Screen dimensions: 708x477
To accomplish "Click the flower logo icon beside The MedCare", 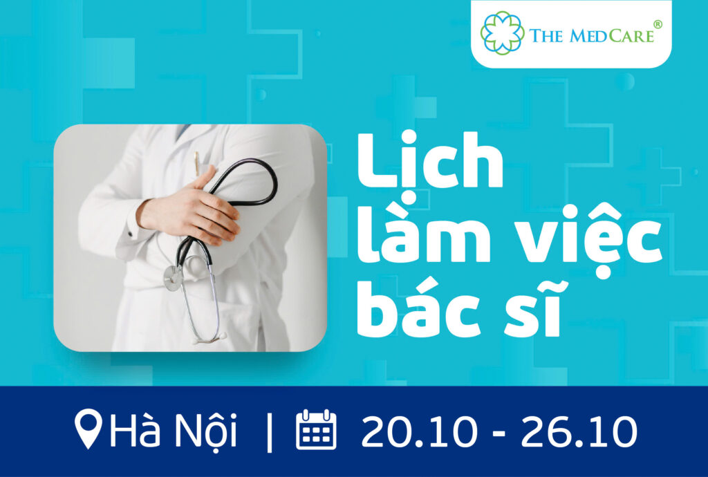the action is click(502, 32).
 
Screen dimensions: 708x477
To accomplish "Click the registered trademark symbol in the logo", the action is click(658, 24).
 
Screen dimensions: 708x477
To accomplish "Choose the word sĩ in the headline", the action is click(533, 309).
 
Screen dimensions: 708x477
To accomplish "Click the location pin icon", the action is click(88, 429).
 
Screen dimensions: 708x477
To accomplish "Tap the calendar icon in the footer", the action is click(316, 429).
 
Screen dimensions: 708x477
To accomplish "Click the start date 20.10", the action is click(418, 431).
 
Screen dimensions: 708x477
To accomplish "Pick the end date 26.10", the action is click(579, 431).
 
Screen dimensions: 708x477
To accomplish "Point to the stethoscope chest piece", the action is click(173, 278).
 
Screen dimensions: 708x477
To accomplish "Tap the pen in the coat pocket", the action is click(197, 163).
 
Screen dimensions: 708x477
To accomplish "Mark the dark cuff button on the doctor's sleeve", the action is click(129, 234).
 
